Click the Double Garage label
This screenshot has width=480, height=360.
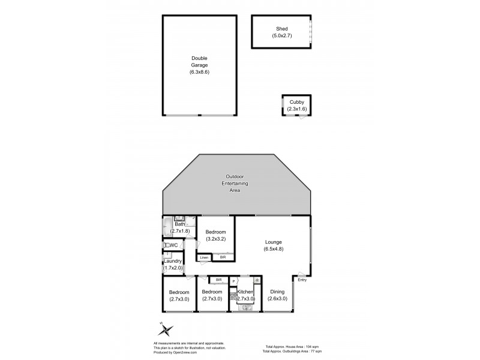(x=199, y=58)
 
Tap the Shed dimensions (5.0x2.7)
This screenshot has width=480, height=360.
(x=281, y=35)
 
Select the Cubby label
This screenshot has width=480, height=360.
(x=296, y=103)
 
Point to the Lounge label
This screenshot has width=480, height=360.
(x=273, y=242)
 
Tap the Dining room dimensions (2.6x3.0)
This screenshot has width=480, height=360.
(x=277, y=298)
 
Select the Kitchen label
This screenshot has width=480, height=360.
(x=246, y=292)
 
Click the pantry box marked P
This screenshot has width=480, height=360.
(x=233, y=281)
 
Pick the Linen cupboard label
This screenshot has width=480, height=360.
(x=205, y=257)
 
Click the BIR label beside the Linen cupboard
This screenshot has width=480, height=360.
(x=223, y=257)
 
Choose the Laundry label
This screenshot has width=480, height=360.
(x=173, y=261)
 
